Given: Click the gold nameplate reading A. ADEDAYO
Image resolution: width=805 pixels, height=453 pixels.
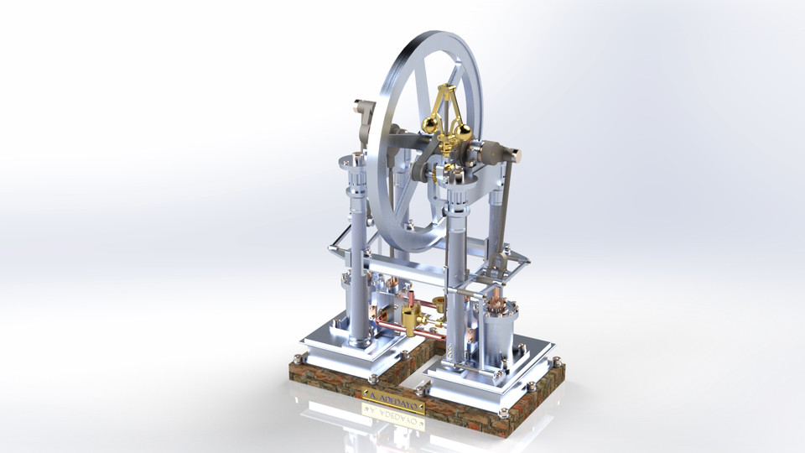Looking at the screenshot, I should tap(394, 394).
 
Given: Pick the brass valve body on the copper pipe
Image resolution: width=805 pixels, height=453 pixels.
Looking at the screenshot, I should tap(411, 320).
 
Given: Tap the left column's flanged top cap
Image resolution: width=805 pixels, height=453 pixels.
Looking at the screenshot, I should tap(352, 160).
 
